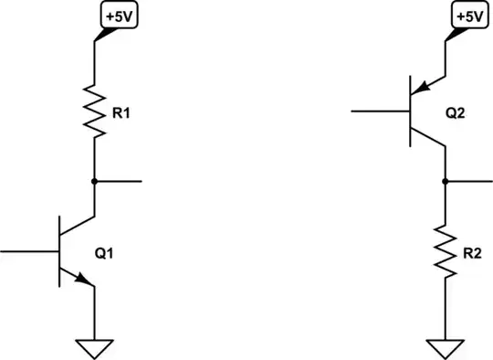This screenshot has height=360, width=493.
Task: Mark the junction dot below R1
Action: click(x=94, y=181)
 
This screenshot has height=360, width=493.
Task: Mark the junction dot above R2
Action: click(x=444, y=181)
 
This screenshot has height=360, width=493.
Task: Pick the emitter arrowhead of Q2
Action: click(x=421, y=88)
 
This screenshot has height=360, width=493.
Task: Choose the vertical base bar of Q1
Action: click(x=60, y=249)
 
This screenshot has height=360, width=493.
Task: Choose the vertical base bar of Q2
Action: click(x=409, y=111)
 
